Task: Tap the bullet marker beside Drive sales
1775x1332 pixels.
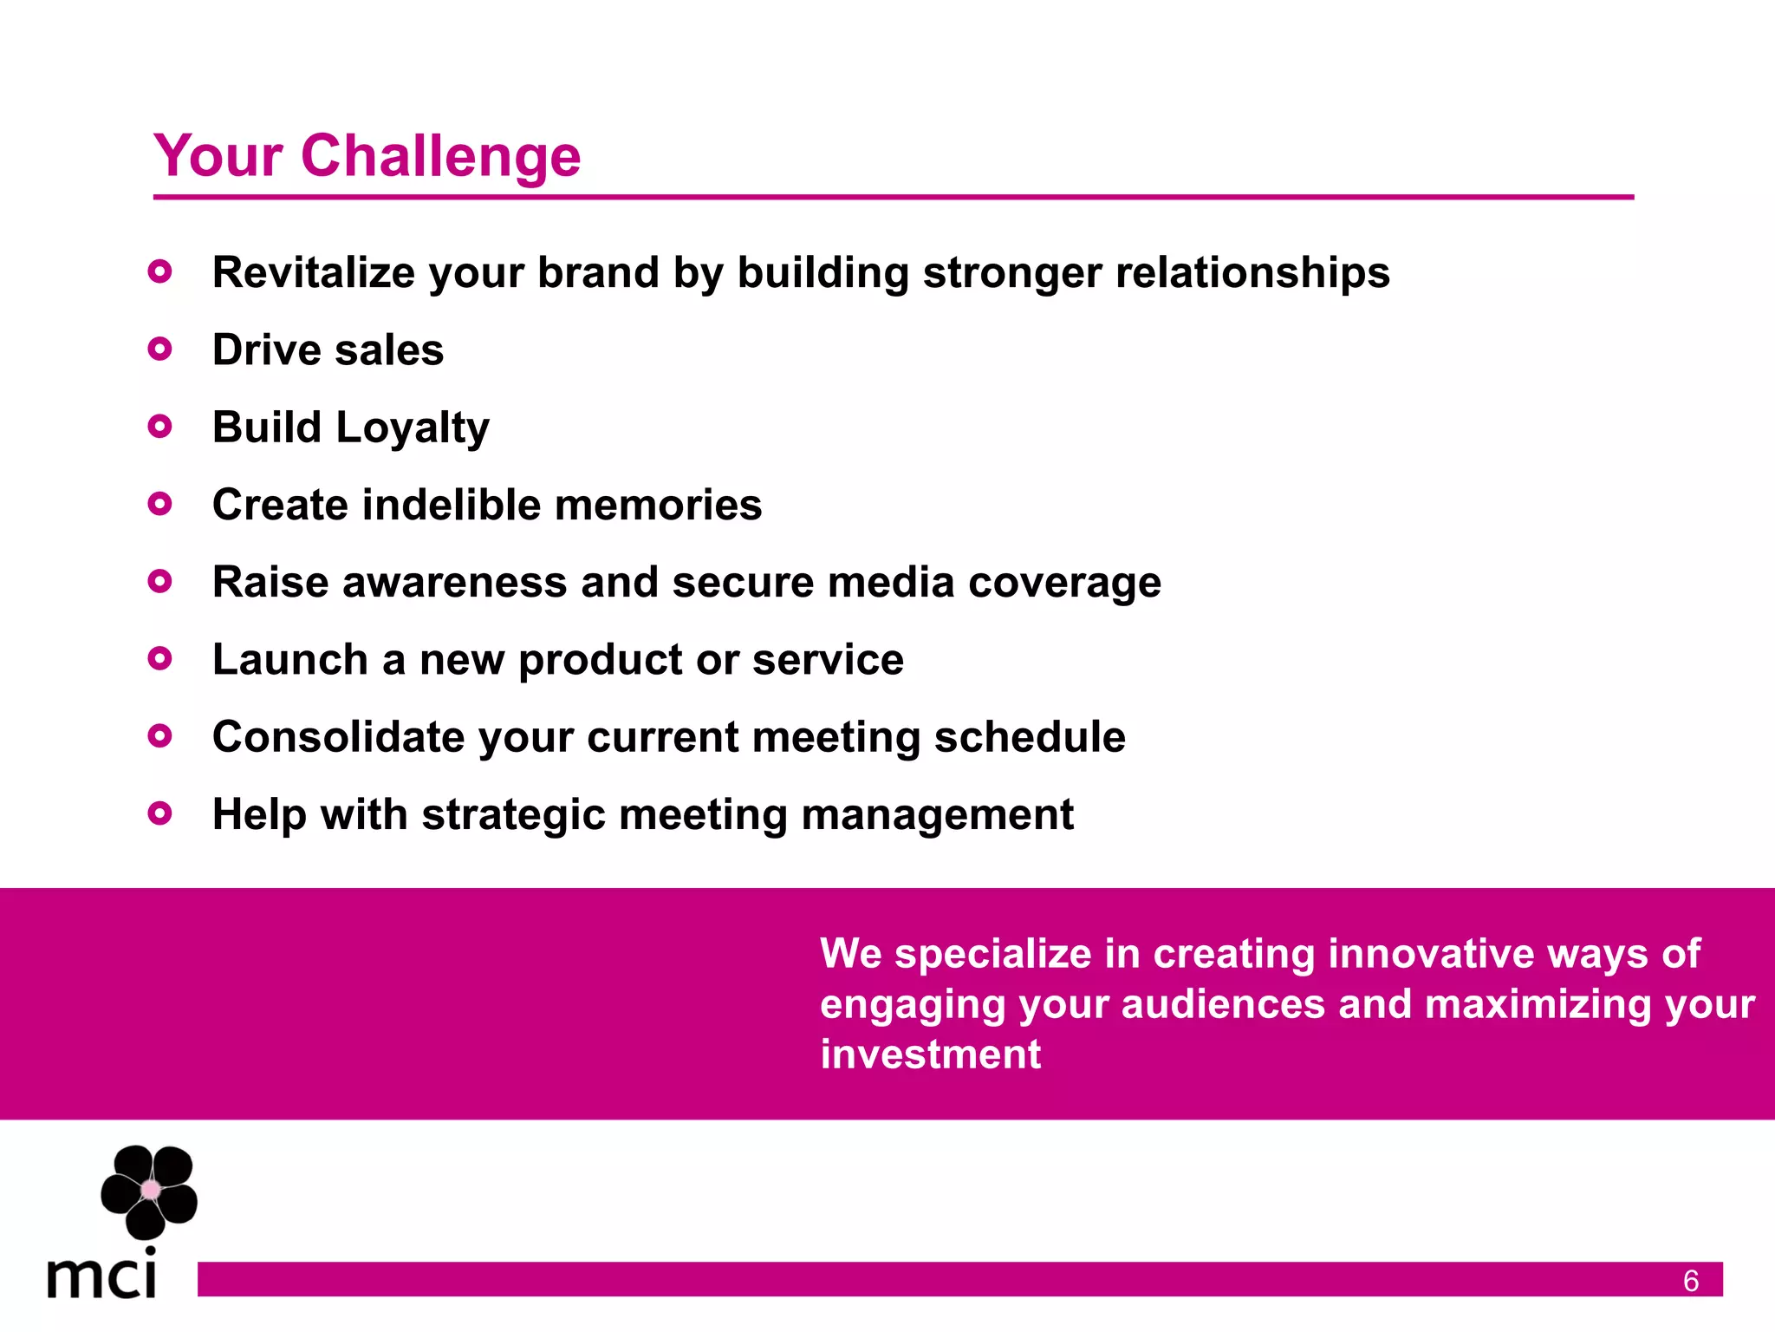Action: [x=159, y=349]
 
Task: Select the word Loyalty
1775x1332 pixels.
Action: [x=413, y=428]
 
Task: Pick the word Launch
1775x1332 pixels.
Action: [x=290, y=660]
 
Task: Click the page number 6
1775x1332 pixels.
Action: [x=1690, y=1281]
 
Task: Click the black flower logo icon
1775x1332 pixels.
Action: [x=149, y=1191]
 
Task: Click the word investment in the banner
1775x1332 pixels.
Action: [x=930, y=1054]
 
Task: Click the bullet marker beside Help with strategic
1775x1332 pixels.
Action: [x=159, y=813]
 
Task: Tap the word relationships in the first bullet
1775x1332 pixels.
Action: [x=1252, y=272]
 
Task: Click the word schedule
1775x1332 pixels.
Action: [x=1029, y=737]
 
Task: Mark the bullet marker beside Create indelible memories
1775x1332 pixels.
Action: [x=159, y=504]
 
